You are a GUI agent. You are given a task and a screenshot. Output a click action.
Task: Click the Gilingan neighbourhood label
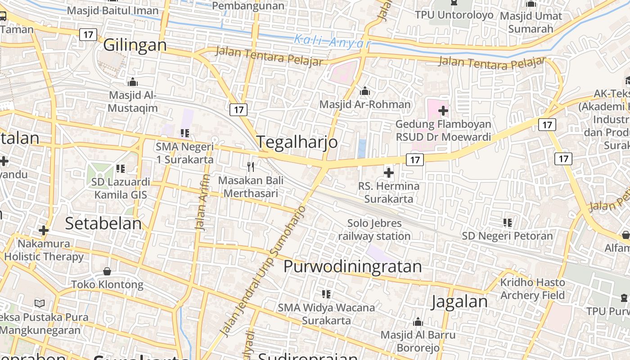[x=135, y=45]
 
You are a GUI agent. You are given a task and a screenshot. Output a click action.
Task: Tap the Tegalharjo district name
[x=297, y=142]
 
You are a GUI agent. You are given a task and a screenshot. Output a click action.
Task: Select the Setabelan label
[x=103, y=223]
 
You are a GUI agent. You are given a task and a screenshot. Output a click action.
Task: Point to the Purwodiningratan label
[x=353, y=266]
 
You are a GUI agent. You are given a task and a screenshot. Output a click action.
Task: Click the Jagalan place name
[x=459, y=301]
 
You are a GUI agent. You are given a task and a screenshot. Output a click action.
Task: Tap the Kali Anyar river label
[x=333, y=41]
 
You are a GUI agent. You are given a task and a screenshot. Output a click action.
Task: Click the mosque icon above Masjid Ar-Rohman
[x=365, y=92]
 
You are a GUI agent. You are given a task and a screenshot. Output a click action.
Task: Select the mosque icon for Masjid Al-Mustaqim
[x=133, y=82]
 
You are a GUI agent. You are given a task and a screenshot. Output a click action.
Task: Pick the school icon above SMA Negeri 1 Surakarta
[x=184, y=133]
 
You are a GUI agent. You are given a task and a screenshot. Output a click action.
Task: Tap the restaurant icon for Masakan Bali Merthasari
[x=251, y=167]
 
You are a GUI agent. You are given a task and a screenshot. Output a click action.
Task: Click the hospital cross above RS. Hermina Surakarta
[x=389, y=172]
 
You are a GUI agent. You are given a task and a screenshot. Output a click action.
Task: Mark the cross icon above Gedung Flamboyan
[x=443, y=110]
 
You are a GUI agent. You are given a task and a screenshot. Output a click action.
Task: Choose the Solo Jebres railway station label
[x=374, y=229]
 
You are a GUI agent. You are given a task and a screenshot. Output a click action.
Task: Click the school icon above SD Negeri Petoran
[x=508, y=222]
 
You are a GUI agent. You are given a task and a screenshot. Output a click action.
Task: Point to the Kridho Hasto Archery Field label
[x=532, y=289]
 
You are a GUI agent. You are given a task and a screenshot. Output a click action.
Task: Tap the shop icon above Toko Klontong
[x=107, y=271]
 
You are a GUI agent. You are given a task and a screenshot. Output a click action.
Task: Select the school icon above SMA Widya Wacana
[x=326, y=294]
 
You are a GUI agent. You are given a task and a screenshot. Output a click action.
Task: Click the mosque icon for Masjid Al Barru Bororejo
[x=418, y=322]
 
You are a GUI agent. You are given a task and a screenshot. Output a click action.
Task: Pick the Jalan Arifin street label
[x=203, y=202]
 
